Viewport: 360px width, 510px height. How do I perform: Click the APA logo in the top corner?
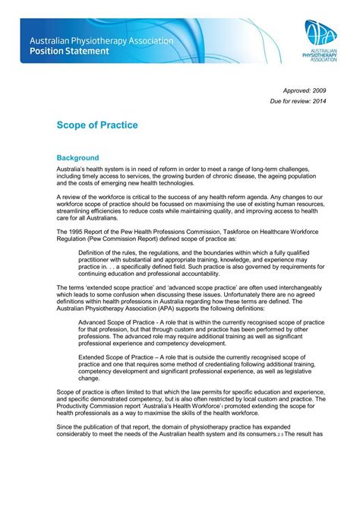coord(322,40)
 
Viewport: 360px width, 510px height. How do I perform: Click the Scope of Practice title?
coord(97,125)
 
